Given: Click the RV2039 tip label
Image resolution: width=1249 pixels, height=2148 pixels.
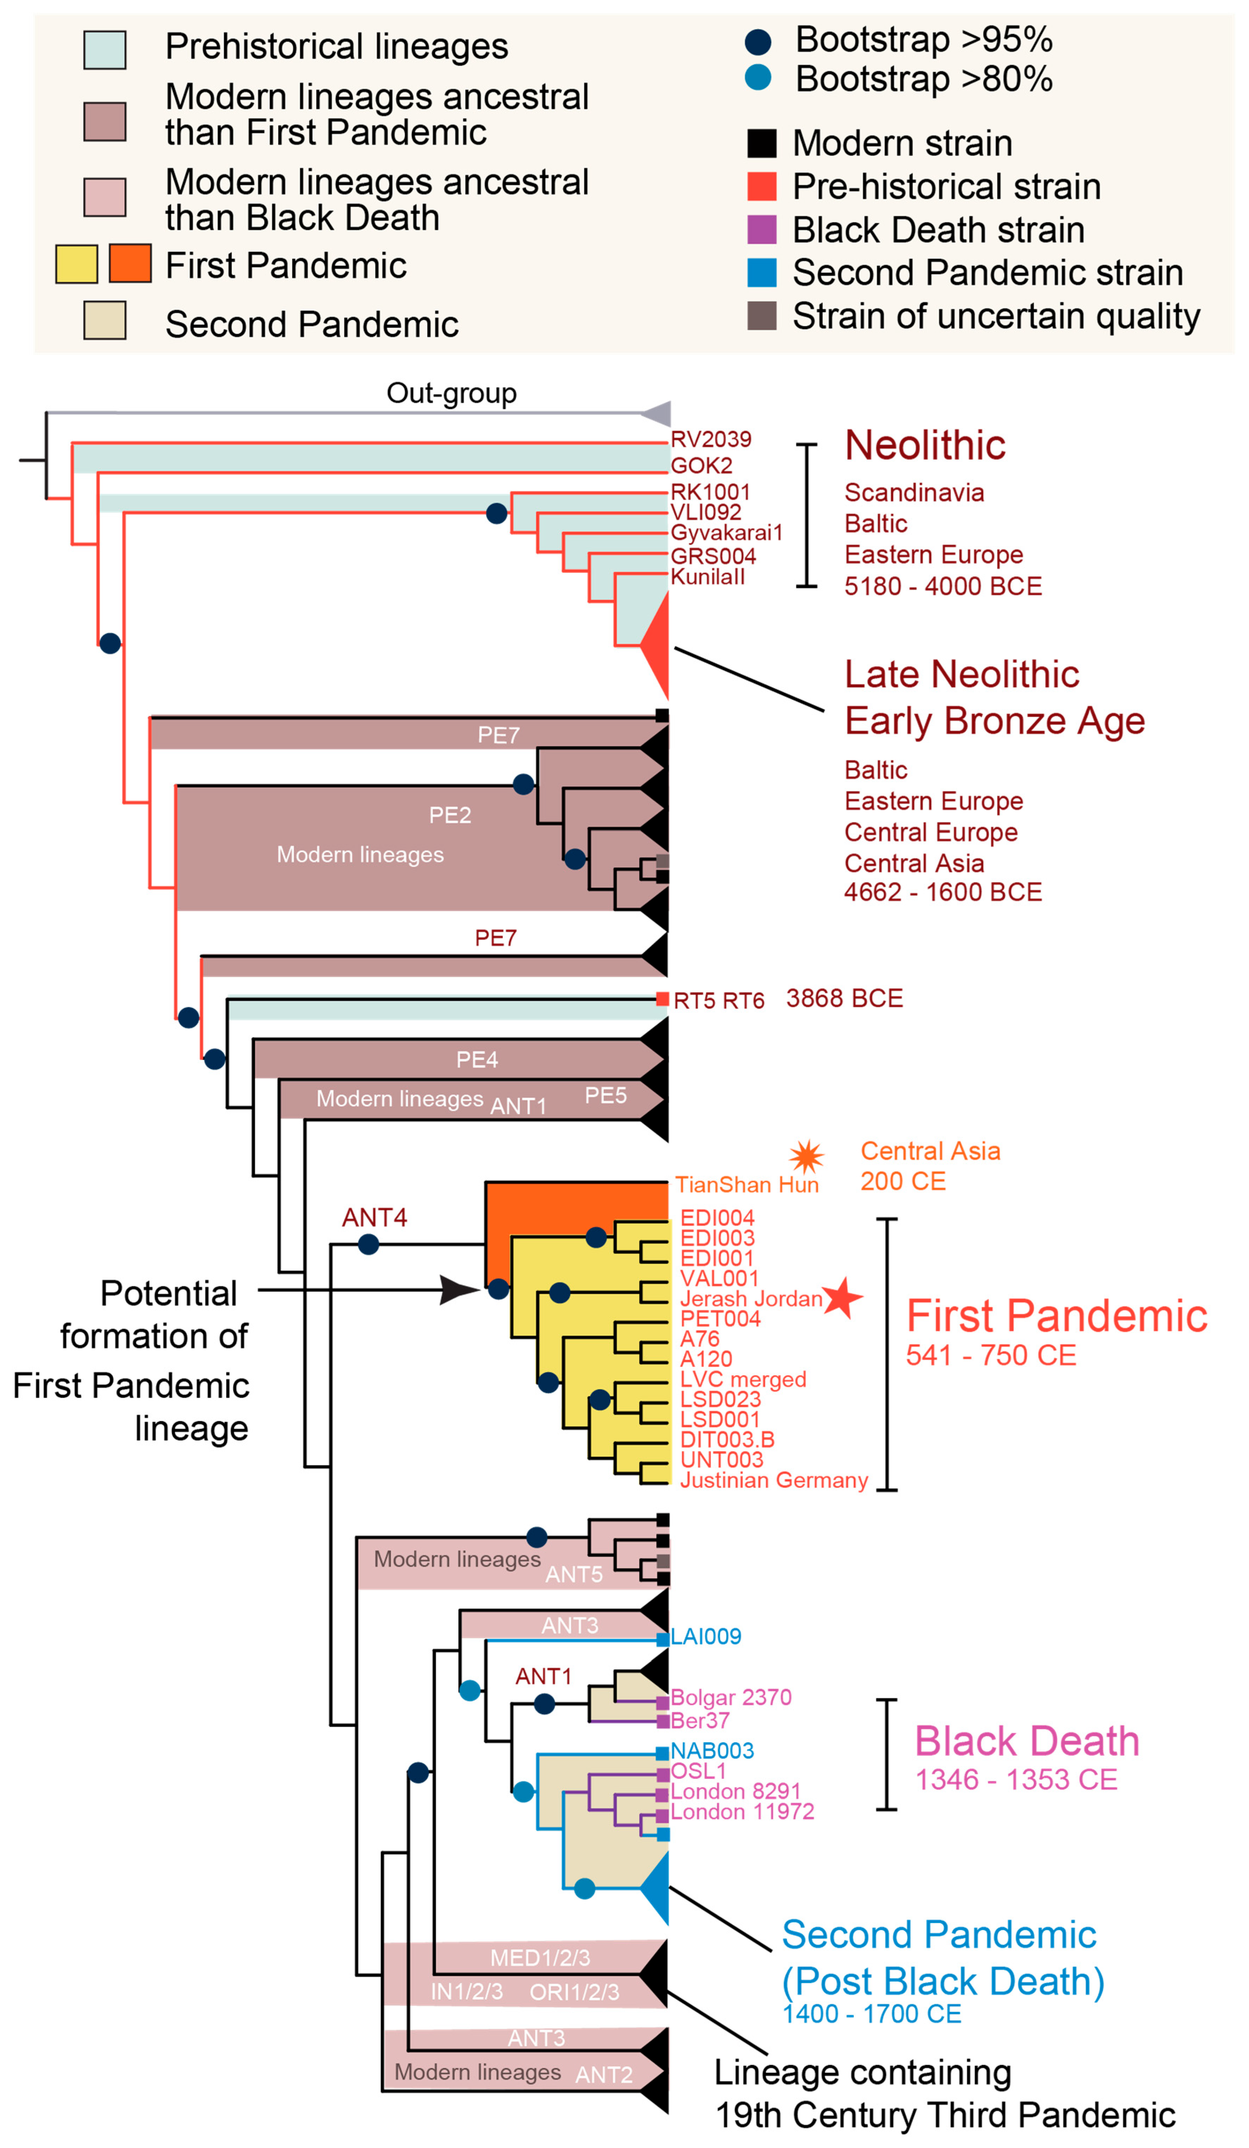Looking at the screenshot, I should pos(710,439).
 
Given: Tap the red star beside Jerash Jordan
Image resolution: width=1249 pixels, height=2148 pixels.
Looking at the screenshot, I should pos(842,1297).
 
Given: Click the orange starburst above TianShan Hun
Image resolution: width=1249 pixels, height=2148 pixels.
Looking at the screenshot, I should pos(806,1157).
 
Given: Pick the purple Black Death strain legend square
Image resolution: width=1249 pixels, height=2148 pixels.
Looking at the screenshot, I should pos(761,229).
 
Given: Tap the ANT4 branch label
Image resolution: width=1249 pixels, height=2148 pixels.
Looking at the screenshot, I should pos(374,1217).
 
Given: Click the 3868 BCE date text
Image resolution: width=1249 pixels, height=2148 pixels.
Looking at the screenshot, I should pos(844,998).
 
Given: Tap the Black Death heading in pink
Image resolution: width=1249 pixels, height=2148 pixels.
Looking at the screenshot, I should pos(1026,1741).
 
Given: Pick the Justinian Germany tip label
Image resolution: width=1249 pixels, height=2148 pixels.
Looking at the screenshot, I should pos(773,1481).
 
